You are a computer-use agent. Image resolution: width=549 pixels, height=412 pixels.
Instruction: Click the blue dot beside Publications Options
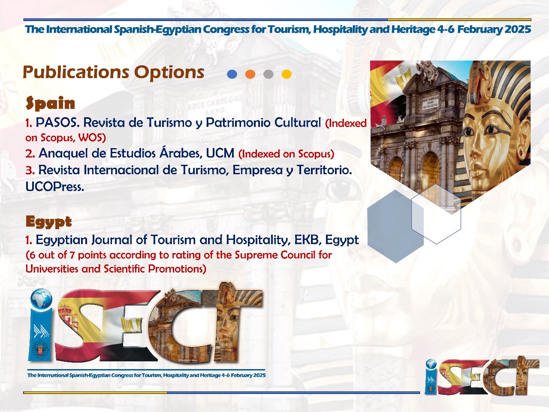click(x=232, y=74)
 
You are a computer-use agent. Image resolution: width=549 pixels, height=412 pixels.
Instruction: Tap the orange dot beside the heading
click(x=250, y=74)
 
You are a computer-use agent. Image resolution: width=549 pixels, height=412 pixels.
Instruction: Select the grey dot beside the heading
click(x=268, y=74)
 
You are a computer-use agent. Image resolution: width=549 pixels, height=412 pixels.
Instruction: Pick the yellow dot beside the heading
click(x=287, y=74)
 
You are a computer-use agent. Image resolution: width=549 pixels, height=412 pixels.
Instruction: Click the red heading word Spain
click(x=50, y=103)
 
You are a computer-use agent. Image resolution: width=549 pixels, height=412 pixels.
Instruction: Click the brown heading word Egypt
click(x=49, y=221)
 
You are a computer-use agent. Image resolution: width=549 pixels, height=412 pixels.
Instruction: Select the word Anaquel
click(x=63, y=154)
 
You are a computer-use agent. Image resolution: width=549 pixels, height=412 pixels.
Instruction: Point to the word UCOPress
click(x=55, y=187)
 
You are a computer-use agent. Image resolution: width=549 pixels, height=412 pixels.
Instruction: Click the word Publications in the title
click(x=76, y=73)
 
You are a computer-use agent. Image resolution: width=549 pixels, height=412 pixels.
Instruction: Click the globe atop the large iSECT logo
click(x=42, y=299)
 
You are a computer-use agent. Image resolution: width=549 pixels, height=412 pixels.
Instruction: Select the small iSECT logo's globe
click(x=431, y=365)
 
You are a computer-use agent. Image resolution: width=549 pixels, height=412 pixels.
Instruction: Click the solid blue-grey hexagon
click(x=395, y=226)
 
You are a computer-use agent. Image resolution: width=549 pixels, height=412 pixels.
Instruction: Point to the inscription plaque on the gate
click(x=431, y=102)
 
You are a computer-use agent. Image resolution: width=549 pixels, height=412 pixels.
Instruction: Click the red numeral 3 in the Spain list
click(x=30, y=170)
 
